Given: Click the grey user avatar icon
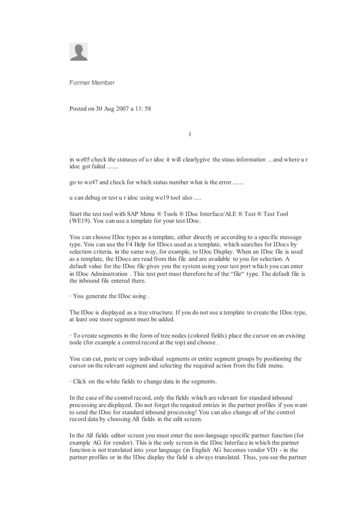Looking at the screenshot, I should pos(78,52).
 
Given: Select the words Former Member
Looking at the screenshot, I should pos(91,83).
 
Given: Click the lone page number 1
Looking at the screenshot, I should pos(190,134).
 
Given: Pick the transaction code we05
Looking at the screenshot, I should pos(81,160).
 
